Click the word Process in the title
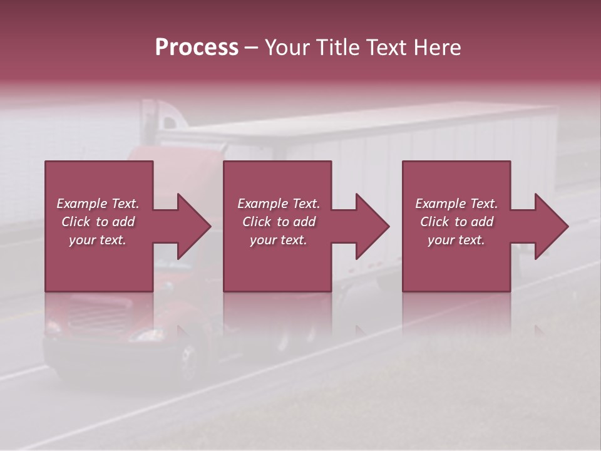click(197, 48)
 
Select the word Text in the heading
click(386, 48)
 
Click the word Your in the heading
click(287, 48)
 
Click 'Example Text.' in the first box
click(98, 204)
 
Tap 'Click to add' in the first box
click(98, 222)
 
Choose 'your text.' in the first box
click(98, 240)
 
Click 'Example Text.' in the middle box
click(279, 204)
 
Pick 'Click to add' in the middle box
click(279, 222)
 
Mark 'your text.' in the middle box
click(279, 240)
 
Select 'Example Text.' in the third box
click(456, 204)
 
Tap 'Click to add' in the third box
click(456, 222)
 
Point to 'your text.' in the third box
click(456, 240)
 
